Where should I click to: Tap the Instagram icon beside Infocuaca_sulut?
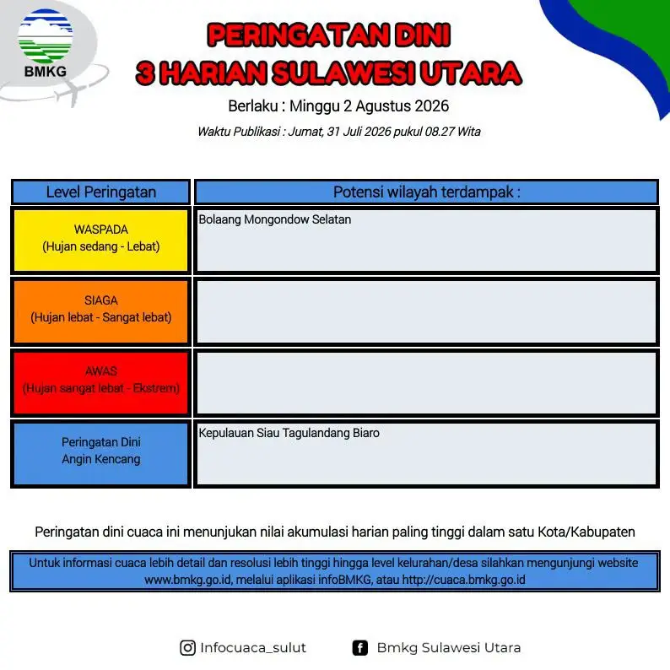(187, 648)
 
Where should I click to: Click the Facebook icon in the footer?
(359, 648)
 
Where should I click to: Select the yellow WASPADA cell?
(101, 240)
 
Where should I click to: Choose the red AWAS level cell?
(101, 382)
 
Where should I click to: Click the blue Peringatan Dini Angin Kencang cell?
(101, 453)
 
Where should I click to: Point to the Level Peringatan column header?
(101, 192)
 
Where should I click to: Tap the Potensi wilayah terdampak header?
(426, 192)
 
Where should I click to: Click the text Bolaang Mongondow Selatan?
(275, 219)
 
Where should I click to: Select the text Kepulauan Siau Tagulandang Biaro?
(289, 433)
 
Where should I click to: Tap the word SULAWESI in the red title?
(343, 73)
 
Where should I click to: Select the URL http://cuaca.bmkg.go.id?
(463, 580)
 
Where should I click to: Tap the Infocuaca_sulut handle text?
(253, 648)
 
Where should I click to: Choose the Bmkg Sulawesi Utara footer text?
(449, 648)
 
